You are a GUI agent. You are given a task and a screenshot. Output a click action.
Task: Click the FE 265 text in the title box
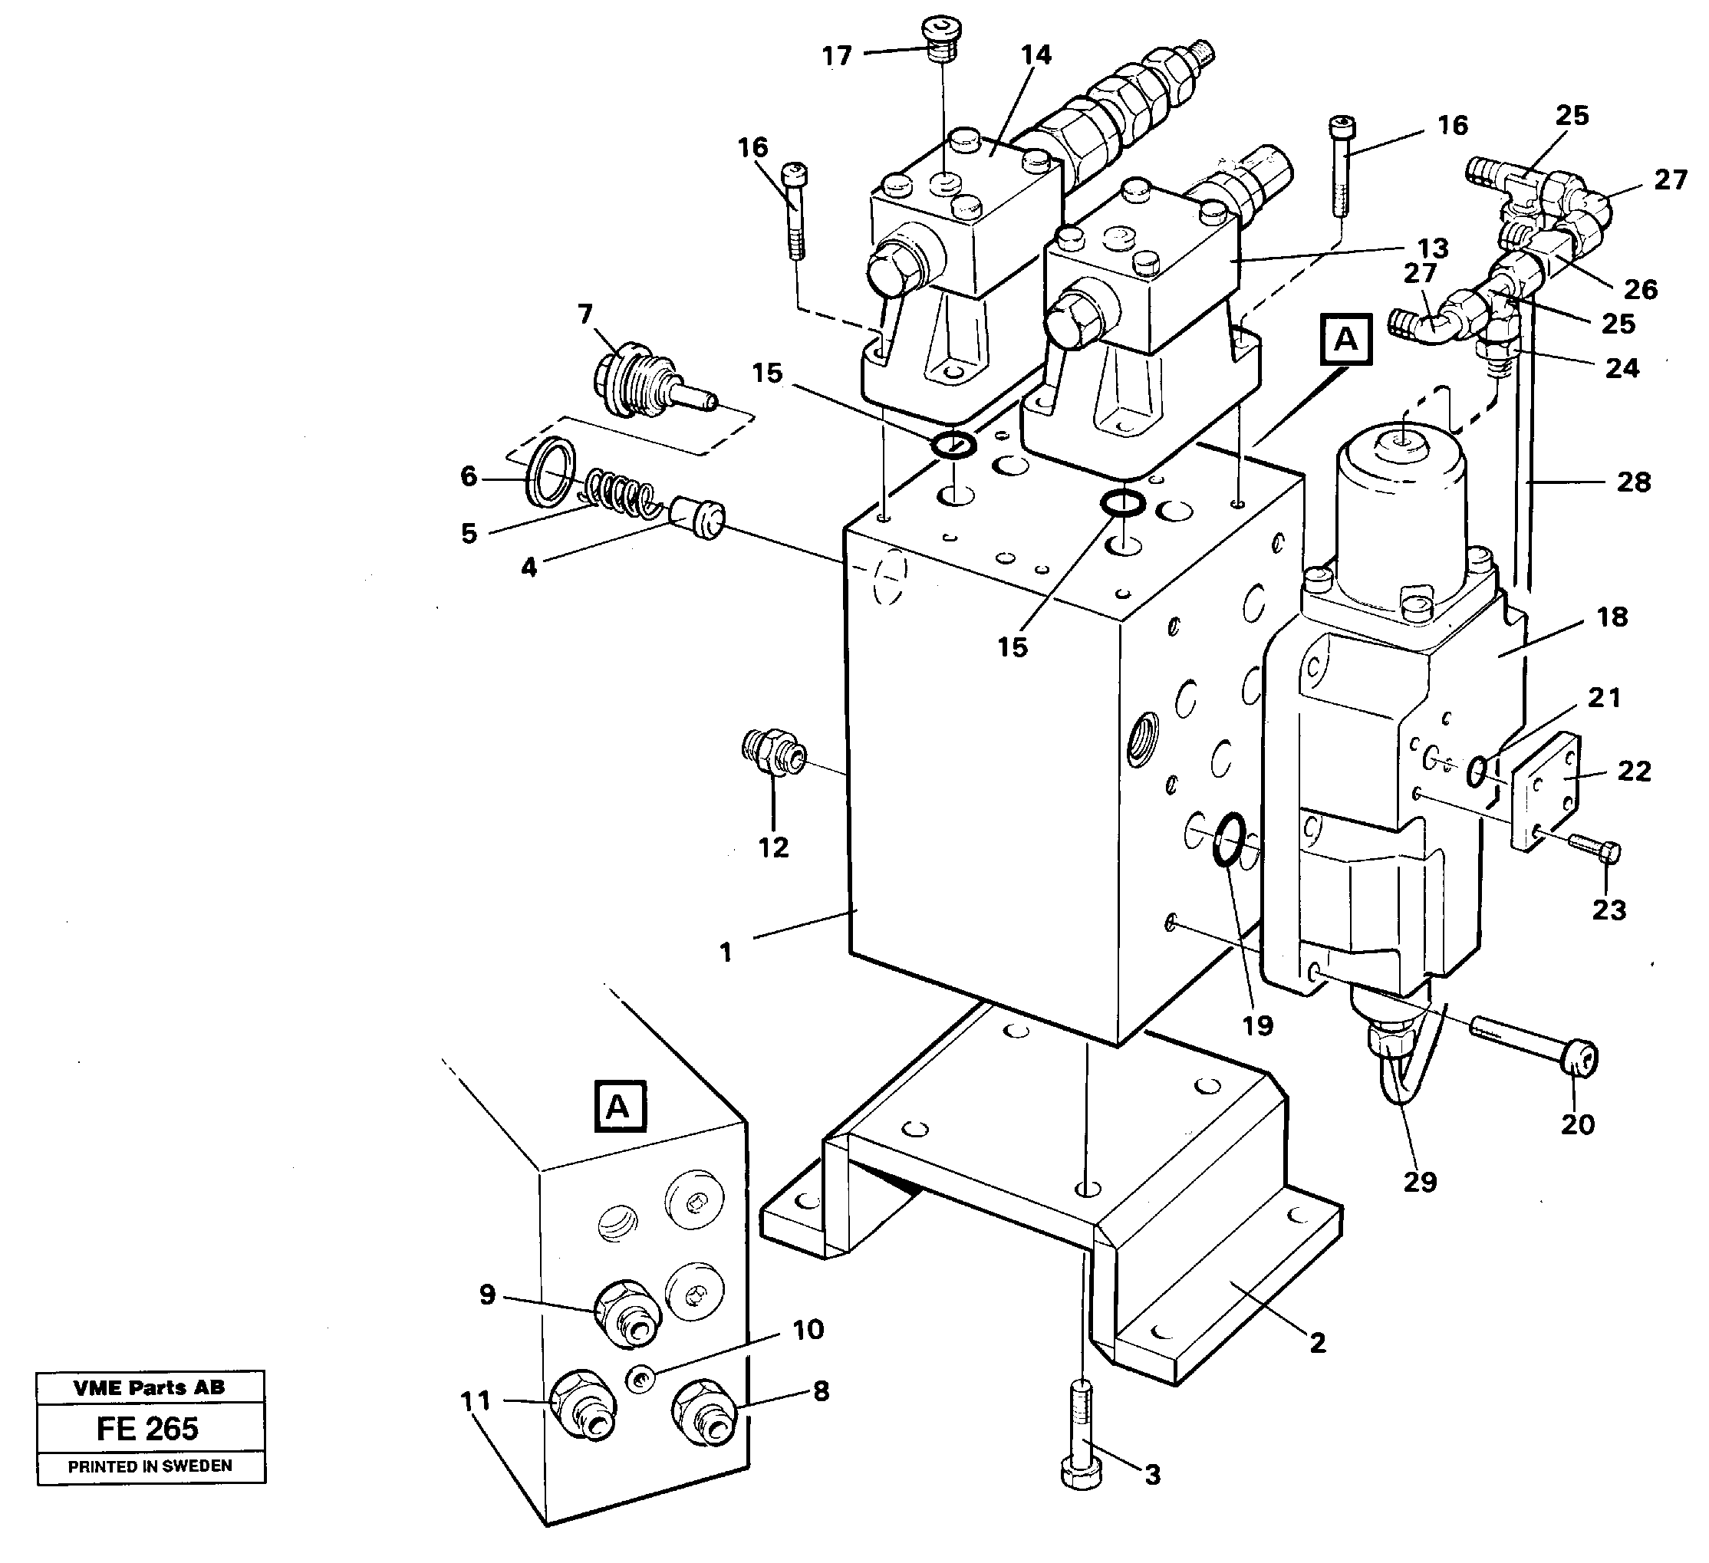coord(147,1428)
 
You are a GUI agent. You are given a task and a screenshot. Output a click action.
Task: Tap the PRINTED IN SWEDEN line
coord(150,1466)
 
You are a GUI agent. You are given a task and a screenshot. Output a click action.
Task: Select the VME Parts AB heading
coord(150,1387)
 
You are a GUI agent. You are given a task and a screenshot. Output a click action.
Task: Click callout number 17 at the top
coord(837,56)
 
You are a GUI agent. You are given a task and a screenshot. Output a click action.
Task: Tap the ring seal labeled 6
coord(552,472)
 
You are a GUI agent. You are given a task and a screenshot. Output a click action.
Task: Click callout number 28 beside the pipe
coord(1633,482)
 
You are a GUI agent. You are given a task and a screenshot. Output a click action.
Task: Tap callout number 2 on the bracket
coord(1316,1344)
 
